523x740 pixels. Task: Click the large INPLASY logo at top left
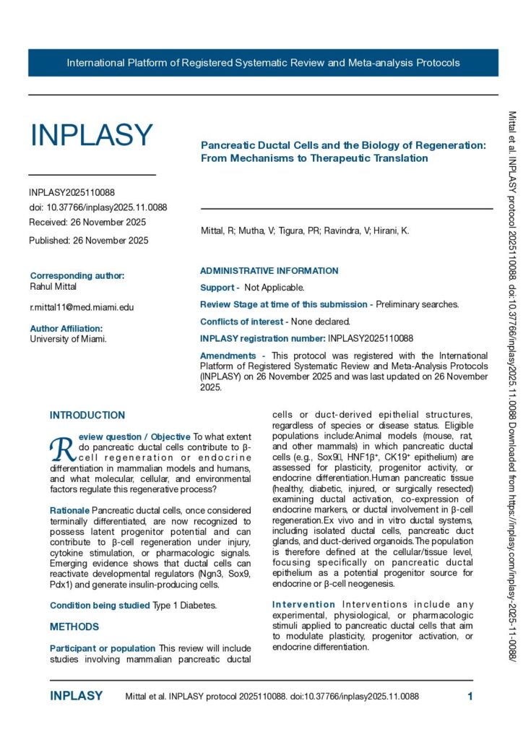(91, 135)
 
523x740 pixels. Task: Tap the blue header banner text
(263, 63)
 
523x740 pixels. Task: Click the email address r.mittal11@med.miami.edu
(82, 307)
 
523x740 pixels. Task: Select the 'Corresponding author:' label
(77, 275)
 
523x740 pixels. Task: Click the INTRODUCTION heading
(87, 416)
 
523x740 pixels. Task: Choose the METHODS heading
(74, 627)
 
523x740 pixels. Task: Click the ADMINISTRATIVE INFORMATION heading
(269, 271)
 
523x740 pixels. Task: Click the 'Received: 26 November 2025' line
(87, 222)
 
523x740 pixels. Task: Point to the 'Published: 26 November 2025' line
(89, 241)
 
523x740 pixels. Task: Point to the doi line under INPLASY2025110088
(98, 207)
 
